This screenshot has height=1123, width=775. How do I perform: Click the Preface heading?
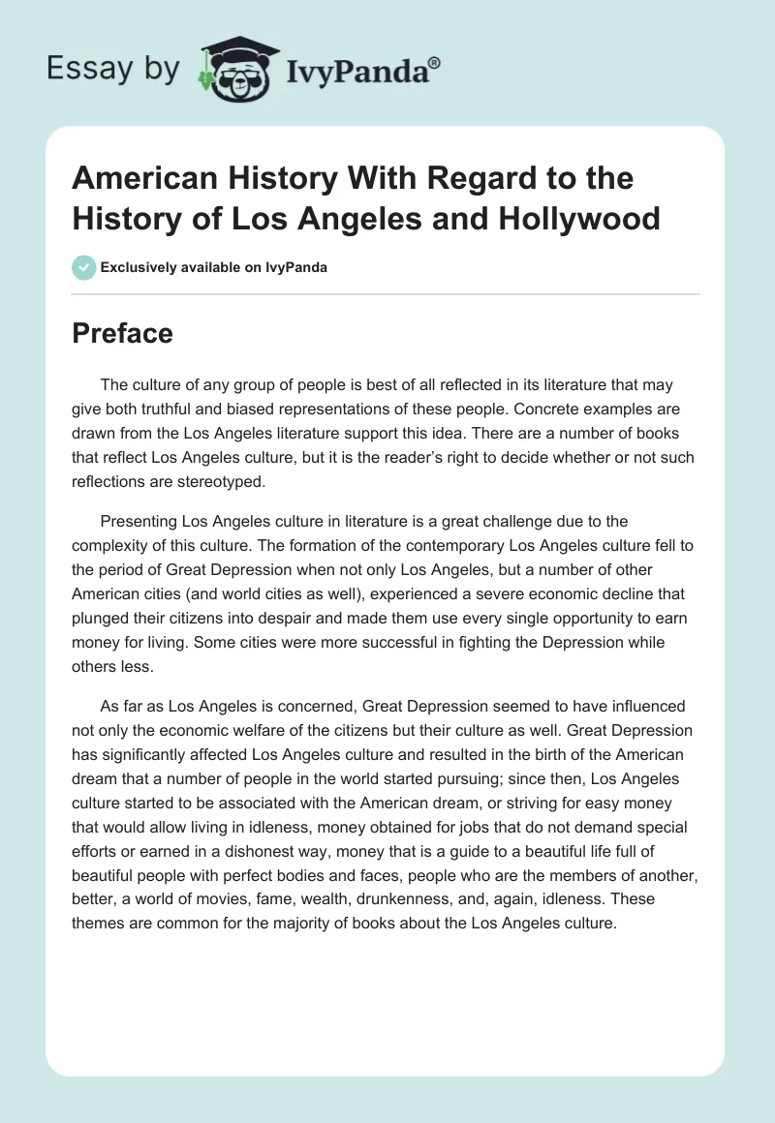122,333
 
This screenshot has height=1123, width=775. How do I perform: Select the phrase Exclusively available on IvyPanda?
213,267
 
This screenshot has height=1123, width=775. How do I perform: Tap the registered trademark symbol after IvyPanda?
435,62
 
